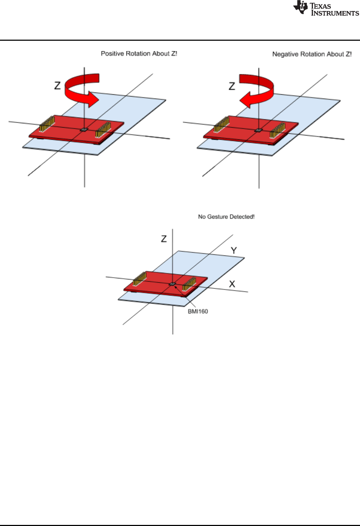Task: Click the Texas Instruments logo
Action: [x=326, y=9]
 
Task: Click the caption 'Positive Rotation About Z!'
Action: [x=139, y=54]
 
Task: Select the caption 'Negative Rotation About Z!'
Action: [x=312, y=54]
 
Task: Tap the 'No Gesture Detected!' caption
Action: [x=226, y=217]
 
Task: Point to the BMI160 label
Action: [x=198, y=311]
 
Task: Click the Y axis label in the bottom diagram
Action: [x=234, y=250]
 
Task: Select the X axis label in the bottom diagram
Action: [x=232, y=284]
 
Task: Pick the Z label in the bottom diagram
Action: [x=164, y=239]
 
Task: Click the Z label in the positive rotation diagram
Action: [x=57, y=86]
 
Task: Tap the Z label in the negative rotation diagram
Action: [x=232, y=86]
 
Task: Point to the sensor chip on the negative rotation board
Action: [x=258, y=130]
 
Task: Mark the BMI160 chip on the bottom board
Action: [x=172, y=284]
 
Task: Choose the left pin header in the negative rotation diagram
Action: [x=221, y=124]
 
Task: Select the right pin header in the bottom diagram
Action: [x=189, y=284]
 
